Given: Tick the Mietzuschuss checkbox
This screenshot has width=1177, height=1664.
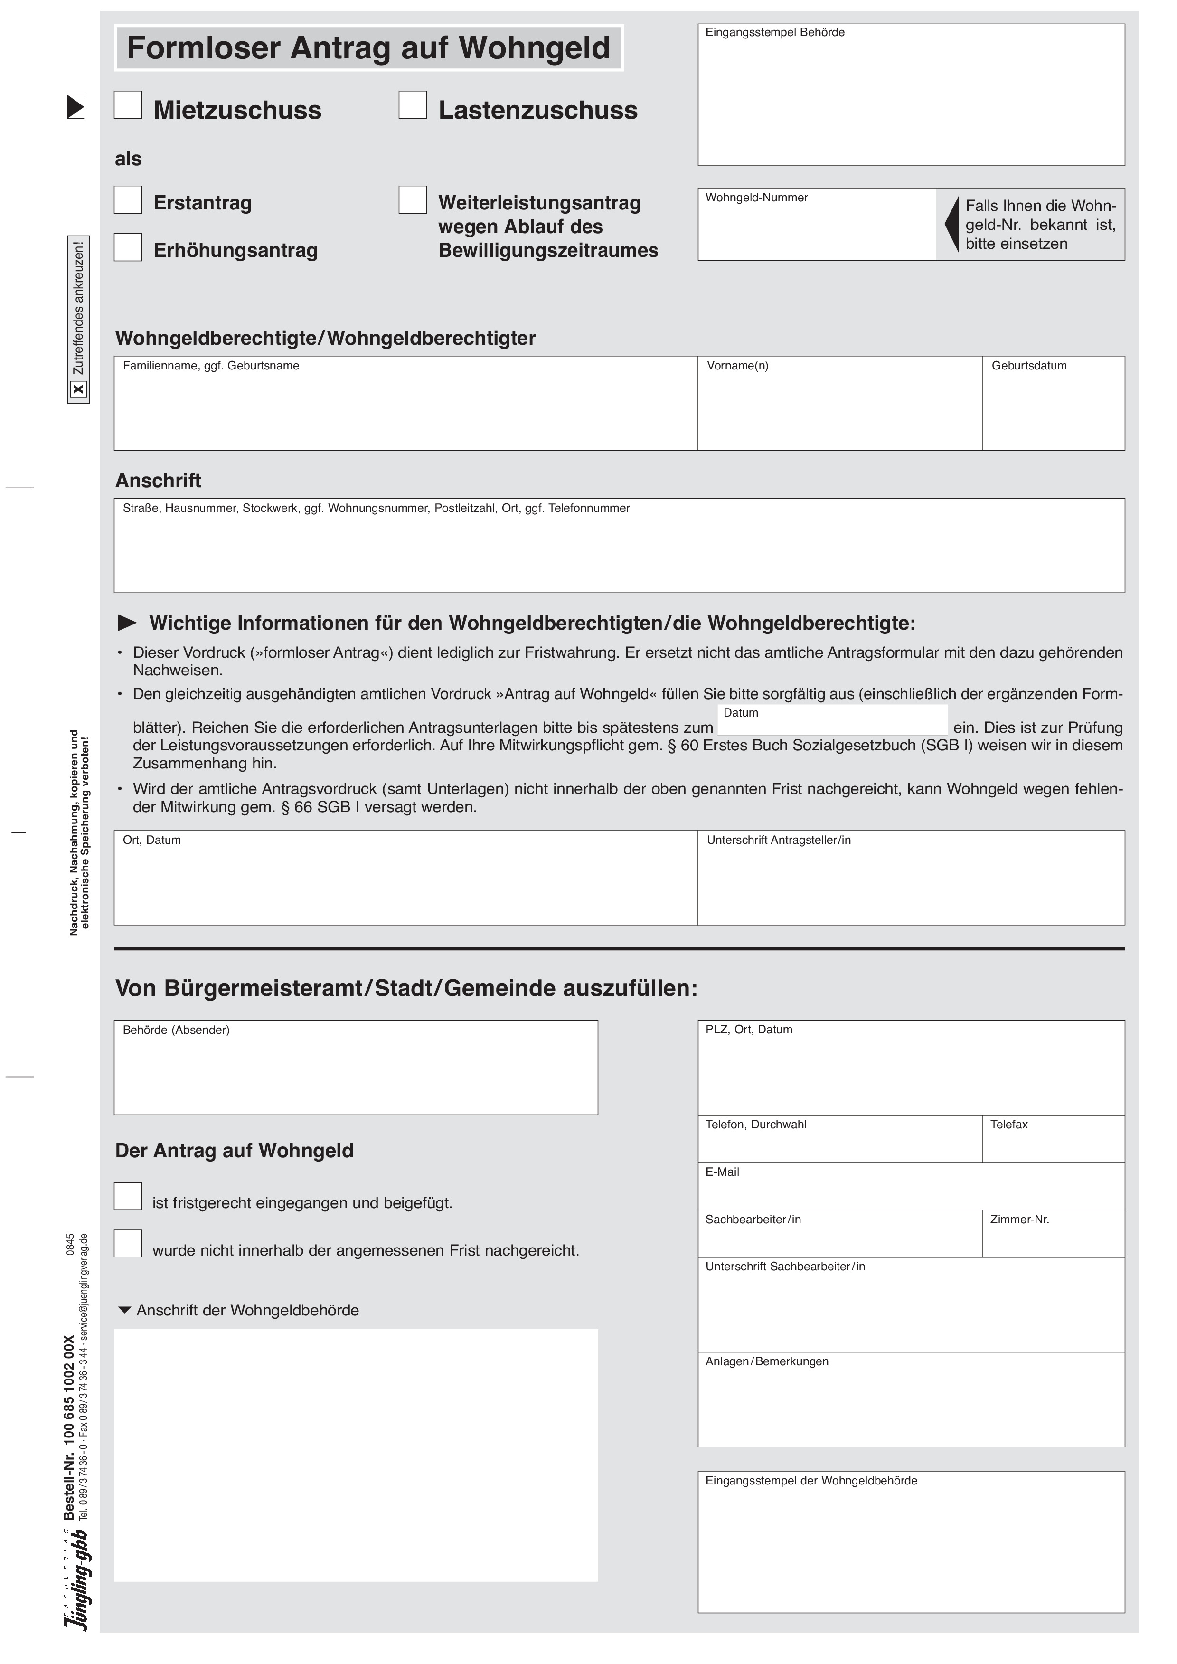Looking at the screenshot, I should tap(128, 105).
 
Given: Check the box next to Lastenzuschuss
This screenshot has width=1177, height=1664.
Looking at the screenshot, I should tap(413, 105).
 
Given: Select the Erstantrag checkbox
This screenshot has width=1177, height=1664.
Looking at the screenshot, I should tap(128, 200).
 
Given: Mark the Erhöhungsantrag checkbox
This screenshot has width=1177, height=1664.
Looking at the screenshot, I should tap(128, 247).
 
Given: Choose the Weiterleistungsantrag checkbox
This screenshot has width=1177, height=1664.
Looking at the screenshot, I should tap(413, 200).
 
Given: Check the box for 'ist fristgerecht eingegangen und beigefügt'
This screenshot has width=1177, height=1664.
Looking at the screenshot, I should tap(128, 1196).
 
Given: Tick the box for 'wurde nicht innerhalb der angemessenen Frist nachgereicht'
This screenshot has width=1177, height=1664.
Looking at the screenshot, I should tap(128, 1244).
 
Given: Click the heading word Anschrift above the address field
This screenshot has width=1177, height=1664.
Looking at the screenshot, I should tap(158, 481).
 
